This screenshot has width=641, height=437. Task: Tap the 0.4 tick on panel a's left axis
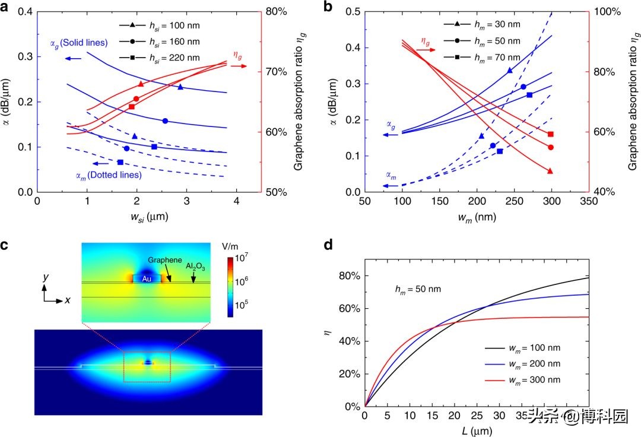tap(25, 12)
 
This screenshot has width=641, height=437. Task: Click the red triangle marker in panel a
tap(141, 84)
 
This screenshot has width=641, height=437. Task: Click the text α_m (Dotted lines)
tap(108, 175)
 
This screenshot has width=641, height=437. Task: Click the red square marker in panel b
tap(550, 134)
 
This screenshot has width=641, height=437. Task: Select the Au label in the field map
tap(147, 277)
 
